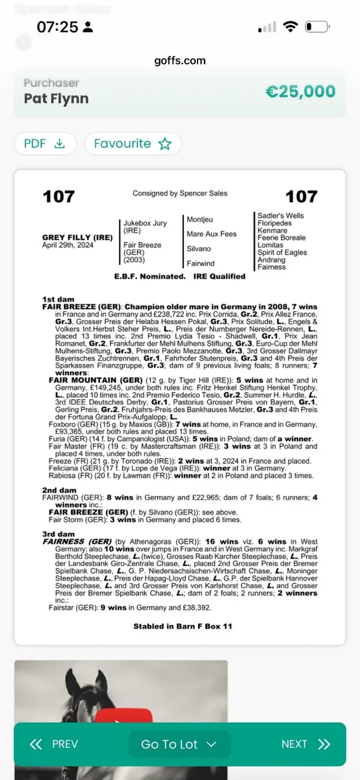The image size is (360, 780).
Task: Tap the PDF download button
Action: (45, 144)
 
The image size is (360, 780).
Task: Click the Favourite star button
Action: (133, 144)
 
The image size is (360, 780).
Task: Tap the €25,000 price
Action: (300, 92)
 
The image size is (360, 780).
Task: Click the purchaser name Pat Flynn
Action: (56, 99)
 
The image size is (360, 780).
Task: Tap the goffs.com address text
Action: (180, 60)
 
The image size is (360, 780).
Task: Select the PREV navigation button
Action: (54, 744)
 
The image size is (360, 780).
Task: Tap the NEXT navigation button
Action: (305, 744)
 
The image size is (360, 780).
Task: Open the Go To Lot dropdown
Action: (179, 744)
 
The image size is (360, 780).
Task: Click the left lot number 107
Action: (58, 196)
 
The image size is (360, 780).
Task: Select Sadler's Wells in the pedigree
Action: (280, 216)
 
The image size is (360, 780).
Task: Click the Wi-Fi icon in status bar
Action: (290, 27)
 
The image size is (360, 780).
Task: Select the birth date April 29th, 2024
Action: (68, 246)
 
